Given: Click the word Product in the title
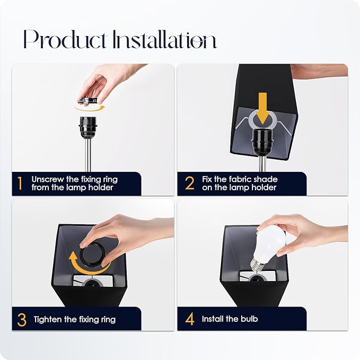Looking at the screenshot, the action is click(x=65, y=39).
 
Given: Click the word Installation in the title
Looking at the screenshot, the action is click(x=165, y=39).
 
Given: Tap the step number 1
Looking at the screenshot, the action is click(x=20, y=183).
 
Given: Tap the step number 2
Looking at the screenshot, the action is click(x=190, y=183).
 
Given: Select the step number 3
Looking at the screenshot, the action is click(x=22, y=320).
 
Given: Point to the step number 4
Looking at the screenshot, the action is click(x=190, y=319).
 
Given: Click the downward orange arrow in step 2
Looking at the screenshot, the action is click(x=262, y=108).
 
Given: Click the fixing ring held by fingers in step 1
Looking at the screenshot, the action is click(x=87, y=100).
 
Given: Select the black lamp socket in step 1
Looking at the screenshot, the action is click(x=87, y=127).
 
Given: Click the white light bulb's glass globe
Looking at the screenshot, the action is click(x=271, y=244).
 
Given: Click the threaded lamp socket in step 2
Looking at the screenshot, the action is click(x=262, y=141).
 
